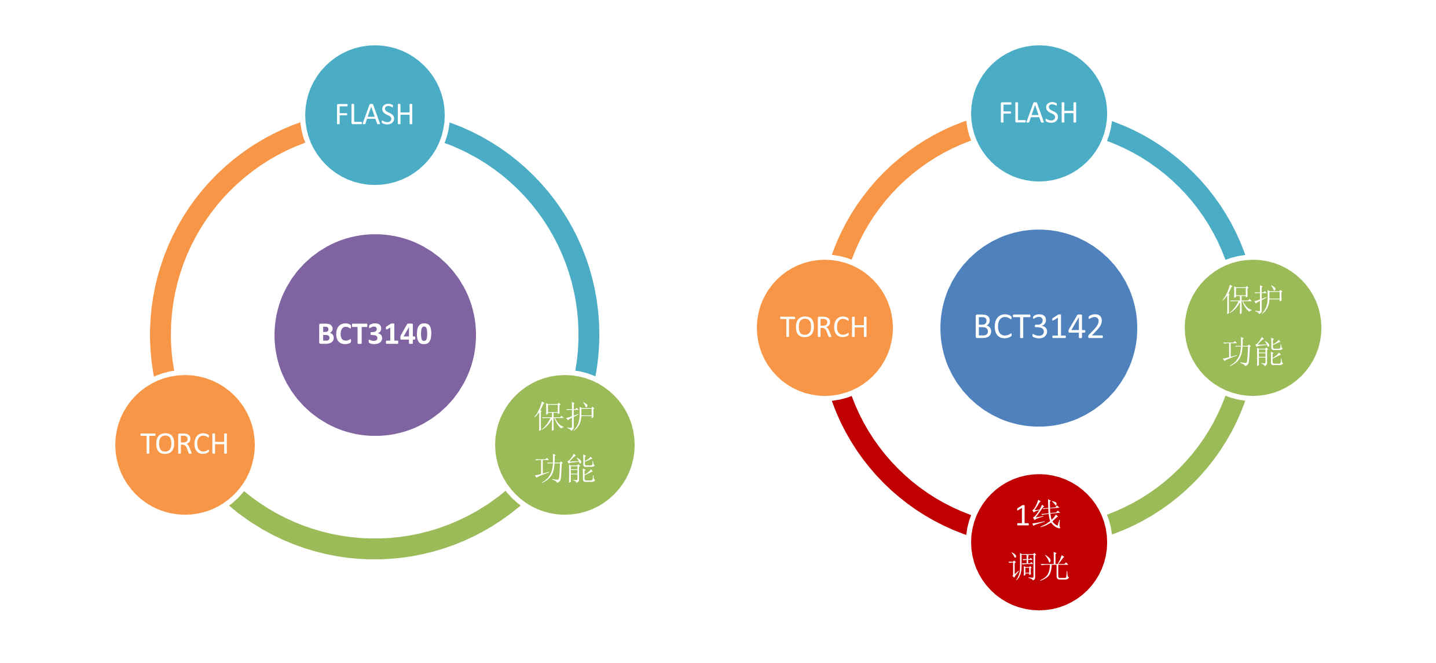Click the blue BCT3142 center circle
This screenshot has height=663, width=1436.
click(x=1038, y=377)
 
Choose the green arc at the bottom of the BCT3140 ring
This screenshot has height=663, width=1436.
click(x=375, y=548)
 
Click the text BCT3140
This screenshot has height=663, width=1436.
click(x=375, y=334)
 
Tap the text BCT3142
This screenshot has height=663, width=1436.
click(x=1038, y=327)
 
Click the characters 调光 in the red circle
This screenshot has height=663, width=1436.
click(x=1038, y=566)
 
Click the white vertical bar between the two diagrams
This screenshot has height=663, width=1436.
click(x=695, y=290)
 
